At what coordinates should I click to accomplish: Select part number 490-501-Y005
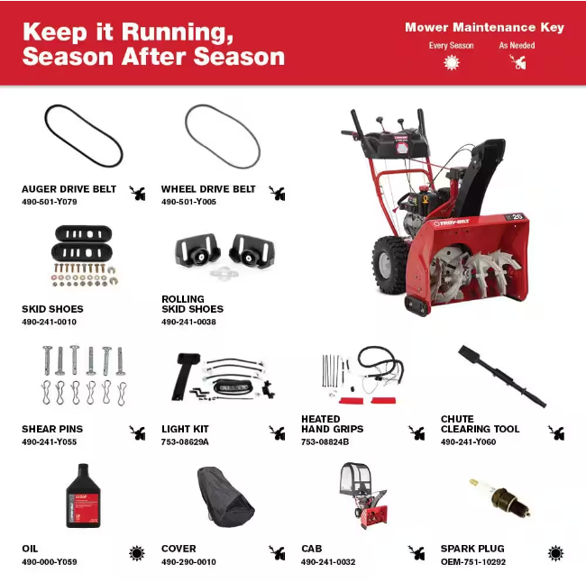(x=188, y=202)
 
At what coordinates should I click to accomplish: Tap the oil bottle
(x=83, y=496)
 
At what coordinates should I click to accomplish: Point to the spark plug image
(x=499, y=497)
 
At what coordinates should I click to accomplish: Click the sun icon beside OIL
(x=137, y=553)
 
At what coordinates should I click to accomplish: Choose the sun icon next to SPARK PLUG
(x=555, y=553)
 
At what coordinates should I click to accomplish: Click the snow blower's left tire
(x=389, y=264)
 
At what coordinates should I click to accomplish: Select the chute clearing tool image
(x=502, y=376)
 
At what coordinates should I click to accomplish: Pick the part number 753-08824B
(x=325, y=442)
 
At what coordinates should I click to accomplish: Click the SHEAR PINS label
(x=52, y=429)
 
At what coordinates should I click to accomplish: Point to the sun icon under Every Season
(x=452, y=62)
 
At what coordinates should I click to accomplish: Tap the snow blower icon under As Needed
(x=517, y=62)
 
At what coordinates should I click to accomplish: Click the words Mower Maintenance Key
(x=485, y=27)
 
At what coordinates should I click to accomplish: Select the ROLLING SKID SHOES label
(x=192, y=305)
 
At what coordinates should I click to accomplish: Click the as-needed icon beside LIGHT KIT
(x=278, y=433)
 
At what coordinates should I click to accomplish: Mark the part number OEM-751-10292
(x=473, y=562)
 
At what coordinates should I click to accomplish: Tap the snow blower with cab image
(x=363, y=496)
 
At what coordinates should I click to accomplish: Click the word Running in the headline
(x=178, y=32)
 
